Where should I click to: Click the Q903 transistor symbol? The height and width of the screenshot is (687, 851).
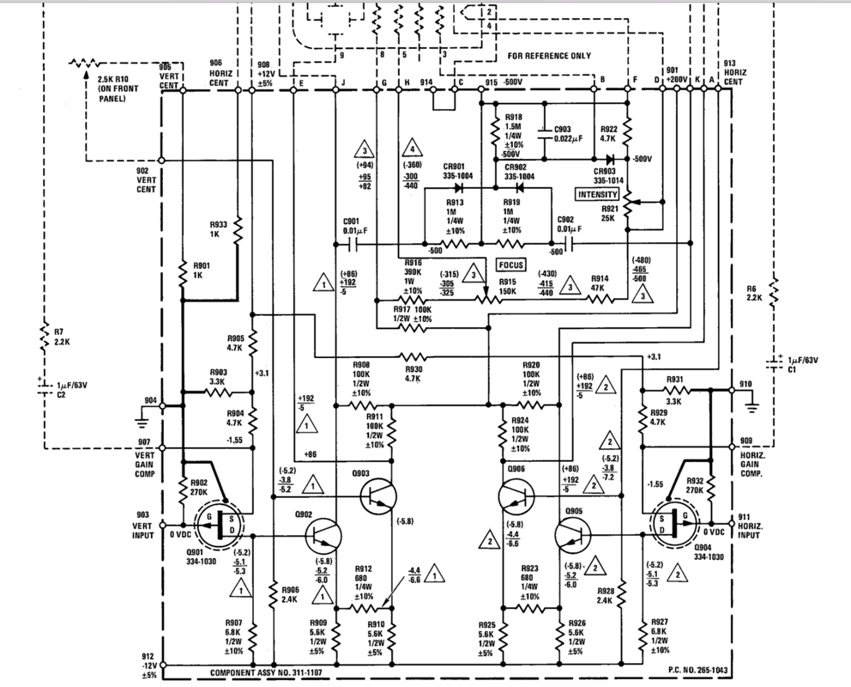tap(378, 496)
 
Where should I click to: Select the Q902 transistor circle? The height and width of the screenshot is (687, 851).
tap(323, 536)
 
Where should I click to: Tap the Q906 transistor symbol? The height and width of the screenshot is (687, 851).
tap(516, 496)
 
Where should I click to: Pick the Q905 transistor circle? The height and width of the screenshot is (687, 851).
tap(573, 536)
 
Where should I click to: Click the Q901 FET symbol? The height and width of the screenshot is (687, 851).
tap(220, 526)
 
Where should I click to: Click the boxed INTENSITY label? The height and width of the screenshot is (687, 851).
tap(598, 194)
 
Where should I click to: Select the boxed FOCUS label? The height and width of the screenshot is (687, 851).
tap(511, 265)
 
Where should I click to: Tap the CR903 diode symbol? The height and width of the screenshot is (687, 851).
tap(610, 160)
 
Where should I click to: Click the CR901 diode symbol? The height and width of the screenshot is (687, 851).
tap(459, 188)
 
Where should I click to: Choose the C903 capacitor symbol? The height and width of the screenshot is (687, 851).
tap(543, 132)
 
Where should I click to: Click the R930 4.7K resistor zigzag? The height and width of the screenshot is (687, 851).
tap(413, 357)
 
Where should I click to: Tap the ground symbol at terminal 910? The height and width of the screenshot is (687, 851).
tap(751, 407)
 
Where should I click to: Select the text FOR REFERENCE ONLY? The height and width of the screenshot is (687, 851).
tap(549, 56)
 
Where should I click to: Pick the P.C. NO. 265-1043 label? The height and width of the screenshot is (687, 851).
tap(698, 670)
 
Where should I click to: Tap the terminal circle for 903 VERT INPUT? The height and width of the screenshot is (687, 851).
tap(162, 526)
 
